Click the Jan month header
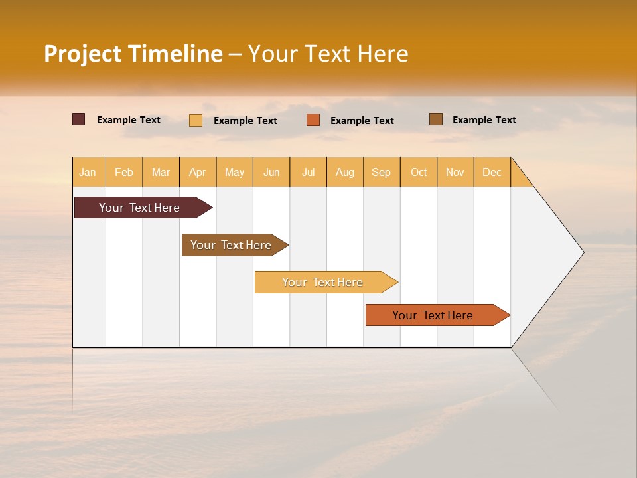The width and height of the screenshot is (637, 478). point(88,172)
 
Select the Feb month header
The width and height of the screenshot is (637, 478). point(124,172)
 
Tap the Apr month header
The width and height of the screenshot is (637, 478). point(197,172)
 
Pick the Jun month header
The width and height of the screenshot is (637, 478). point(271,172)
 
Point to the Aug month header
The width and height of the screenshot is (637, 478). point(345,172)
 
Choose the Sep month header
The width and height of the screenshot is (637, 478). point(381,172)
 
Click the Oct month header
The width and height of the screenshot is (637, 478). point(419,172)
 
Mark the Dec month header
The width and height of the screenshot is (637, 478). point(492,172)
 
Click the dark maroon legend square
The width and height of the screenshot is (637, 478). point(79,119)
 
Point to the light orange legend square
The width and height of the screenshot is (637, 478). point(196,120)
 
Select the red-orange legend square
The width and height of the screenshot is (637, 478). point(313,120)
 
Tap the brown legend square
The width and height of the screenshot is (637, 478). point(436,119)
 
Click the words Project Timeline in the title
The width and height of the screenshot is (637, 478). point(133,54)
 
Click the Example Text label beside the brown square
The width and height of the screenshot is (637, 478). point(484,120)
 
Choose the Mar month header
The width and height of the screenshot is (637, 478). point(161,172)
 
